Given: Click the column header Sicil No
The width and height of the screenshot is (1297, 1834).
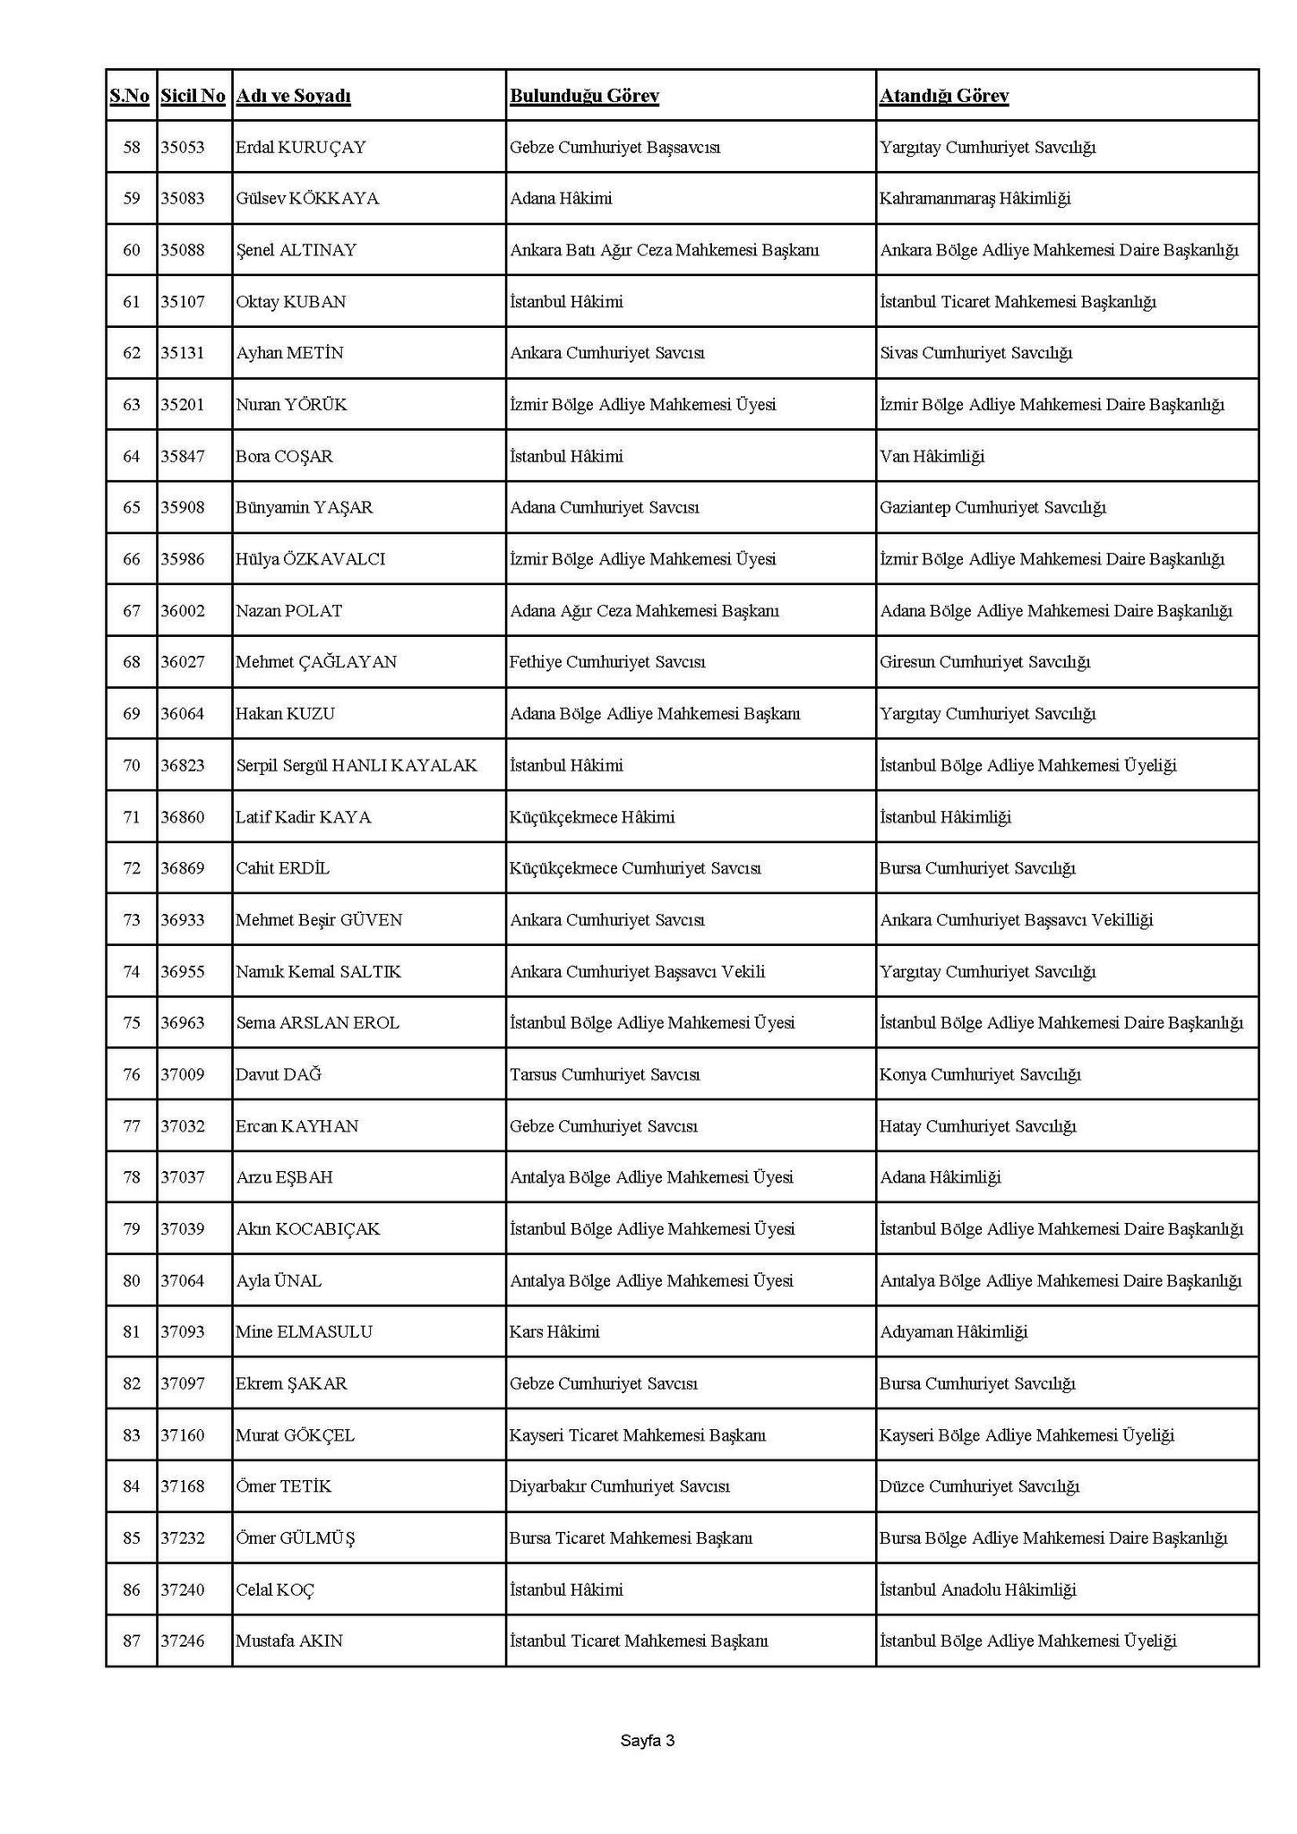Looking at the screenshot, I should pos(193,96).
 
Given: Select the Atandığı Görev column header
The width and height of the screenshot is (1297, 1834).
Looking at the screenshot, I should pos(944,96).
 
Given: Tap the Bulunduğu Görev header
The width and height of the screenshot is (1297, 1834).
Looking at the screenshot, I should pos(584,96).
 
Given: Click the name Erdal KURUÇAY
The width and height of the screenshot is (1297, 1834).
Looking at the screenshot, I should pos(301,147).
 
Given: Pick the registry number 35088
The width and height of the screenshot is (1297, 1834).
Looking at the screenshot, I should pos(183,250).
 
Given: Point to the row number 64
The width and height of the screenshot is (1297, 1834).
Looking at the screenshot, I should pos(132,456).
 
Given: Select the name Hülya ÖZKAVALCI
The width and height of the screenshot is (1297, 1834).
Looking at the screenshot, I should pos(311,559).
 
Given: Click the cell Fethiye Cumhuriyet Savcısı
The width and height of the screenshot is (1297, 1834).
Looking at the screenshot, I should pos(607,662).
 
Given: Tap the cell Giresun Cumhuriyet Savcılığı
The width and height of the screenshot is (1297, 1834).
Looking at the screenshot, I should pos(984,662).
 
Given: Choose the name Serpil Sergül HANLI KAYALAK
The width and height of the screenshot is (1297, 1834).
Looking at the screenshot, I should pos(356,765).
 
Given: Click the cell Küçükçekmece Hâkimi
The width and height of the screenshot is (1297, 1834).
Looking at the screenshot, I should pos(592,817).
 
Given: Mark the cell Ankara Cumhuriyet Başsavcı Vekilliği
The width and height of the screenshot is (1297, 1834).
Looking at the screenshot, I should pos(1017,920).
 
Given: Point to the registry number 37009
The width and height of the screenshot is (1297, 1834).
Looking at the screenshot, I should pos(183,1074).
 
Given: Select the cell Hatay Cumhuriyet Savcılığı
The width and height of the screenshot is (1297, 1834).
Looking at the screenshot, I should pos(977,1126).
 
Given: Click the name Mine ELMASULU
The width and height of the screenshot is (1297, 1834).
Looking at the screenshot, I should pos(304,1332).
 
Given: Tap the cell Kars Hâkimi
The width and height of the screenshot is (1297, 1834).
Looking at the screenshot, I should pos(554,1332).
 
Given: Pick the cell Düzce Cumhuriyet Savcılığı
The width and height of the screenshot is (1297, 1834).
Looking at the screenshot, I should pos(979,1486).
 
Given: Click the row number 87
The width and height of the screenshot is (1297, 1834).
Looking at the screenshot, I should pos(132,1641).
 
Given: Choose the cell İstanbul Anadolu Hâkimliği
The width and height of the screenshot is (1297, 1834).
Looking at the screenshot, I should pos(978,1590).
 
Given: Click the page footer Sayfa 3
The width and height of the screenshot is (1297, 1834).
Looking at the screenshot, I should pos(647,1741).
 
